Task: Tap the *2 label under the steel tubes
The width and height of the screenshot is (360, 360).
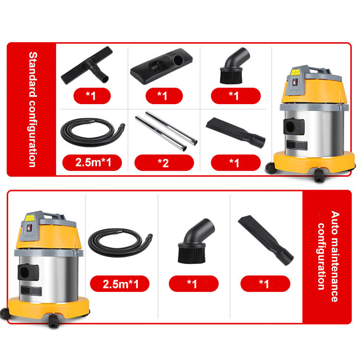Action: pyautogui.click(x=164, y=163)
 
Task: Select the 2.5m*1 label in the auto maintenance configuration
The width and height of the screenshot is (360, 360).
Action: pyautogui.click(x=120, y=284)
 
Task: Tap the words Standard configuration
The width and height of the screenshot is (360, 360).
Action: pyautogui.click(x=32, y=109)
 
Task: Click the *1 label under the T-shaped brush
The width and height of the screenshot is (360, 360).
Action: pyautogui.click(x=91, y=96)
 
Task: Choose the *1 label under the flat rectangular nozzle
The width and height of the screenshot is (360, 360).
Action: pyautogui.click(x=163, y=96)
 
